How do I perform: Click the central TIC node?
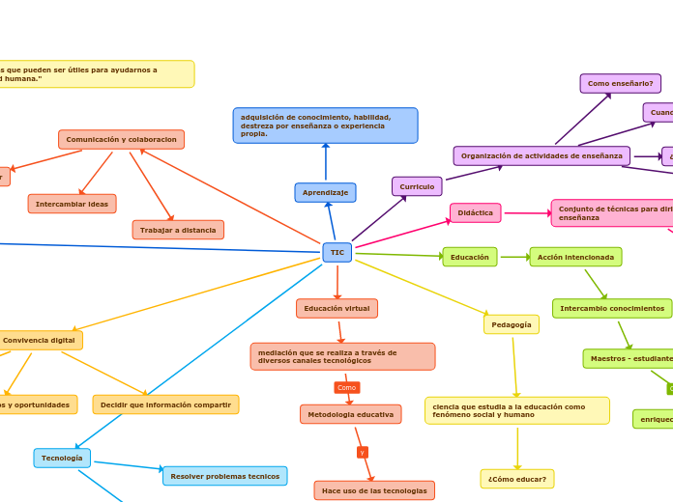(336, 253)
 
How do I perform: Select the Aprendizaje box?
(325, 193)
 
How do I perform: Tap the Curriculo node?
(417, 186)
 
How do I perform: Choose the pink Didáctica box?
(475, 212)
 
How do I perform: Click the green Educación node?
(470, 257)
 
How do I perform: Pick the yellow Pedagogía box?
(512, 324)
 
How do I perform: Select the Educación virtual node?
(336, 308)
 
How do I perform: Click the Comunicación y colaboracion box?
(121, 140)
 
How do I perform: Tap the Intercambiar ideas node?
(72, 204)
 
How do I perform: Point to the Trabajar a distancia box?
(178, 230)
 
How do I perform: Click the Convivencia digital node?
(39, 340)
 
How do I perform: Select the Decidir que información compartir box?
(165, 404)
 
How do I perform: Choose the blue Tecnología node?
(62, 458)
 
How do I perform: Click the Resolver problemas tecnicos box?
(224, 476)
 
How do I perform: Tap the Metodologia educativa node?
(350, 414)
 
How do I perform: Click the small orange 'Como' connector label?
(346, 387)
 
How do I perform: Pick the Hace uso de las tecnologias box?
(374, 490)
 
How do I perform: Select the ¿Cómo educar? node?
(517, 479)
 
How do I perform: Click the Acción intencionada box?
(575, 257)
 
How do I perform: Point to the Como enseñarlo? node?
(620, 84)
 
